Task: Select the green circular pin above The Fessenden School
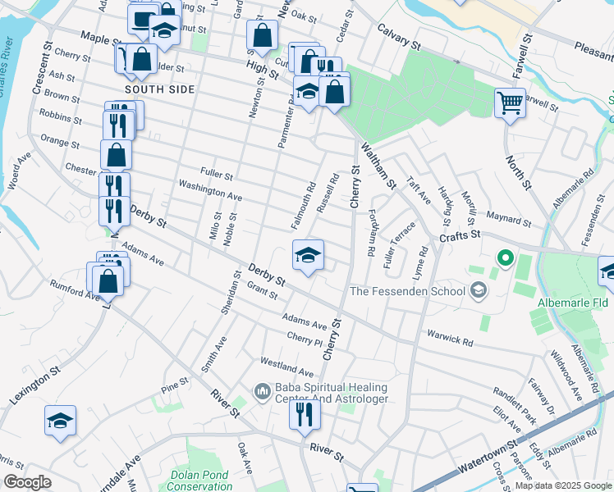tap(505, 262)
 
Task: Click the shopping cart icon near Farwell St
tap(510, 102)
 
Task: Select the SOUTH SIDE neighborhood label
tap(160, 89)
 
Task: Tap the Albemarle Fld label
tap(573, 303)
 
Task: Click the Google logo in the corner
tap(27, 482)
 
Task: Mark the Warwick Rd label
tap(450, 337)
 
